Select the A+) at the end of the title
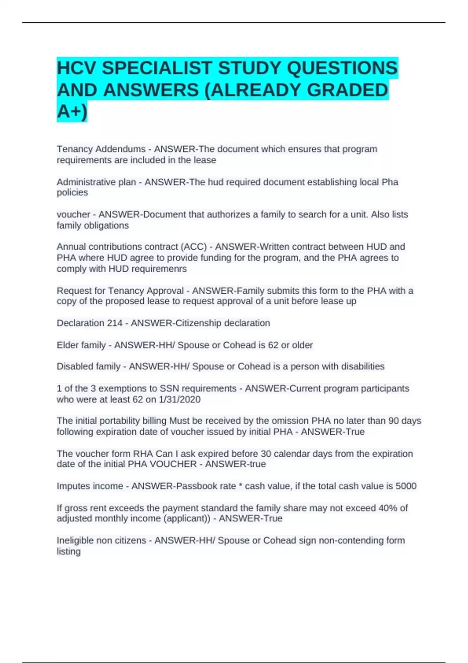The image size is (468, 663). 72,112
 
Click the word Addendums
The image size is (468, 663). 121,149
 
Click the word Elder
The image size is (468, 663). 67,345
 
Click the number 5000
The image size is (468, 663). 406,486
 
